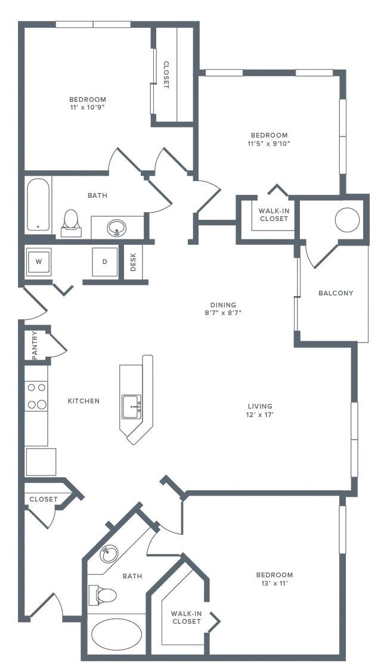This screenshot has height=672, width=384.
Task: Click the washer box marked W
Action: [39, 262]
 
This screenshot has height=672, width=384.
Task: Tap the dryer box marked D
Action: [105, 262]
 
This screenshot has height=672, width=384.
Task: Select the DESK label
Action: [133, 262]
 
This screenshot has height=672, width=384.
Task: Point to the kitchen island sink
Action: [132, 406]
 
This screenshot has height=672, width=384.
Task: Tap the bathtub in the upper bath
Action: [38, 204]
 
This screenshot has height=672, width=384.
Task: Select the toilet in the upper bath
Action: [71, 221]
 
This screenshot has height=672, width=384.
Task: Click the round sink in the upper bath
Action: [117, 227]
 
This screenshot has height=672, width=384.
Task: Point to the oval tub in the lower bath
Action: [116, 634]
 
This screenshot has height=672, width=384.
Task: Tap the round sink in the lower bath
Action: [109, 553]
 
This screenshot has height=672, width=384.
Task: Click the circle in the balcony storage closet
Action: [347, 220]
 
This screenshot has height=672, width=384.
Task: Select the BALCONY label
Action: [336, 293]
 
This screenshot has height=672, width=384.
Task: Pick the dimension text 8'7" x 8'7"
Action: [223, 313]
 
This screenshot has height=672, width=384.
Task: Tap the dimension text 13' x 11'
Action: [274, 583]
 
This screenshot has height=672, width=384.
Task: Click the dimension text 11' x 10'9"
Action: [88, 108]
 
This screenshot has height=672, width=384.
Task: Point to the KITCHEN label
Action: [83, 401]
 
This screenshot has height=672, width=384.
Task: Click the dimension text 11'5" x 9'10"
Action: [269, 144]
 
